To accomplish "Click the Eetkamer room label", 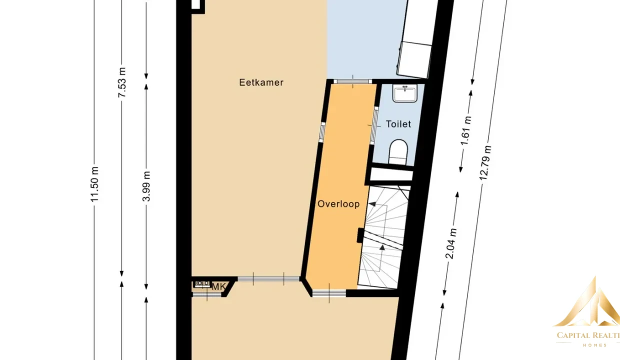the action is coord(261,82).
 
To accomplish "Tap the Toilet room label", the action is coord(398,124).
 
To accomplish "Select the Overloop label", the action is coord(338,204).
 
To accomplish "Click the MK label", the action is coord(218,287).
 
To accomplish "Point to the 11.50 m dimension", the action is coord(94,184).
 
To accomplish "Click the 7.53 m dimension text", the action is coord(122,82).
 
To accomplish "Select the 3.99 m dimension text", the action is coord(146,186).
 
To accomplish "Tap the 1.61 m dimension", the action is coord(465,131).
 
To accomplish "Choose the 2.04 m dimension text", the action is coord(451,243).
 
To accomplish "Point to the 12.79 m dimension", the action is coord(485,163).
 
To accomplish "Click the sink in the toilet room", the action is coord(405,93).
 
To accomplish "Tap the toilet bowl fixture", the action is coord(398,152).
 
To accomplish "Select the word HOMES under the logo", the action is coord(595,345).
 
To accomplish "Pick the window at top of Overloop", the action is coord(352,81).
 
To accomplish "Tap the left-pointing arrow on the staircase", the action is coord(372,204).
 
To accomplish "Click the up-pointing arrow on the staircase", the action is coord(382,247).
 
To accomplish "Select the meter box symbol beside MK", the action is coord(202,283).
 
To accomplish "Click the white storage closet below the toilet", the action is coord(391,175).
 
